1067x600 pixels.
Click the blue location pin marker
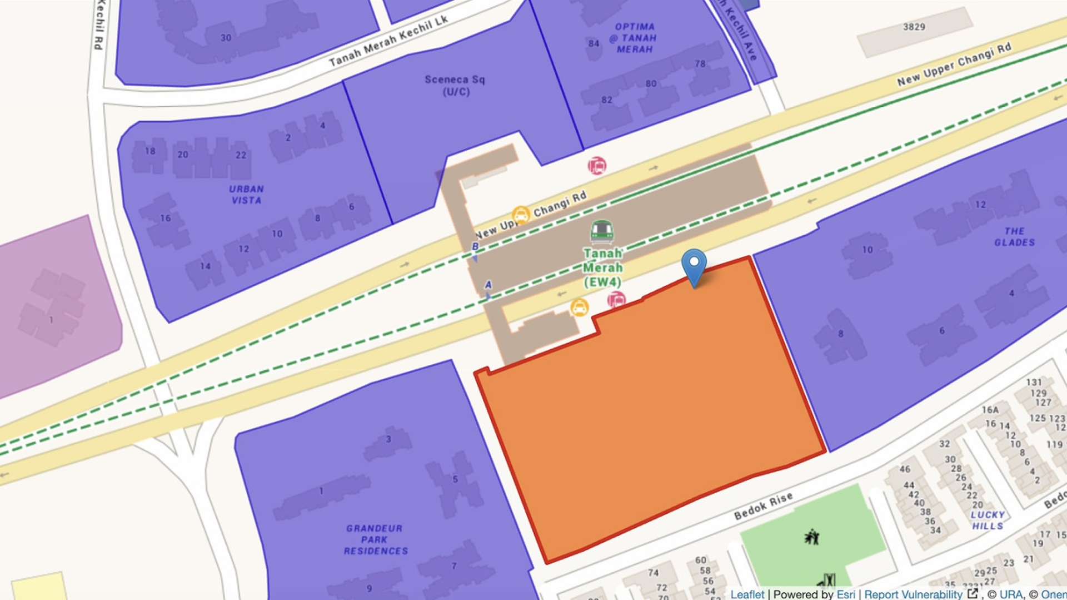[x=694, y=265]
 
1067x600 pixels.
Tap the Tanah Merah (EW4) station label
[x=602, y=268]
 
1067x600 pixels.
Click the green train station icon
[x=602, y=231]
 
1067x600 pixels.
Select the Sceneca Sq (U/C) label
[x=455, y=86]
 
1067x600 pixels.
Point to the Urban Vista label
[x=246, y=195]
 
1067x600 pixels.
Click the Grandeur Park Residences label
[x=376, y=539]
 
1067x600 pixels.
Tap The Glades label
[x=1014, y=237]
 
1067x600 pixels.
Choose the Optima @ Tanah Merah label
[x=634, y=38]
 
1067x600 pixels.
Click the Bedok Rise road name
[x=763, y=505]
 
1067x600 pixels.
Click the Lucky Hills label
[x=988, y=520]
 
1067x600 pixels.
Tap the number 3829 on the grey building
[x=914, y=27]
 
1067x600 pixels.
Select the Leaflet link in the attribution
[x=747, y=594]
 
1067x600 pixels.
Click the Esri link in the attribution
[x=846, y=594]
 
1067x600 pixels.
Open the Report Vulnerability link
[x=913, y=594]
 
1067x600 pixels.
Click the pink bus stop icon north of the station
[x=597, y=166]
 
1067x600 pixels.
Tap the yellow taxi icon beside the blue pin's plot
[x=579, y=308]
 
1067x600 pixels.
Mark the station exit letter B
[x=475, y=246]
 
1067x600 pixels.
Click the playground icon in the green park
[x=812, y=537]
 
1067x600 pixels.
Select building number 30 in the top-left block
[x=226, y=38]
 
